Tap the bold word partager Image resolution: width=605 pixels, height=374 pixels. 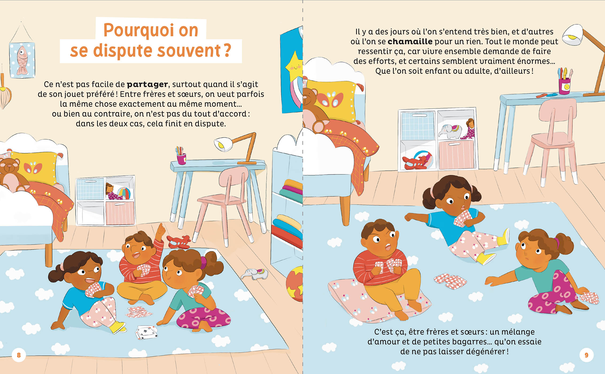(x=147, y=84)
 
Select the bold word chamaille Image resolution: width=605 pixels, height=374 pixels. (x=410, y=42)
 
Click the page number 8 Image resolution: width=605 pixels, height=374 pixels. (x=19, y=355)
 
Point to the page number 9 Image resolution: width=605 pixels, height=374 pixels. (x=586, y=355)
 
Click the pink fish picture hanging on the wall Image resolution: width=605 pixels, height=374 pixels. (x=22, y=60)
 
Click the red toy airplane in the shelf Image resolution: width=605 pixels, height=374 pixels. (x=415, y=162)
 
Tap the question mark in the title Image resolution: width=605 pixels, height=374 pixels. (x=227, y=50)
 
